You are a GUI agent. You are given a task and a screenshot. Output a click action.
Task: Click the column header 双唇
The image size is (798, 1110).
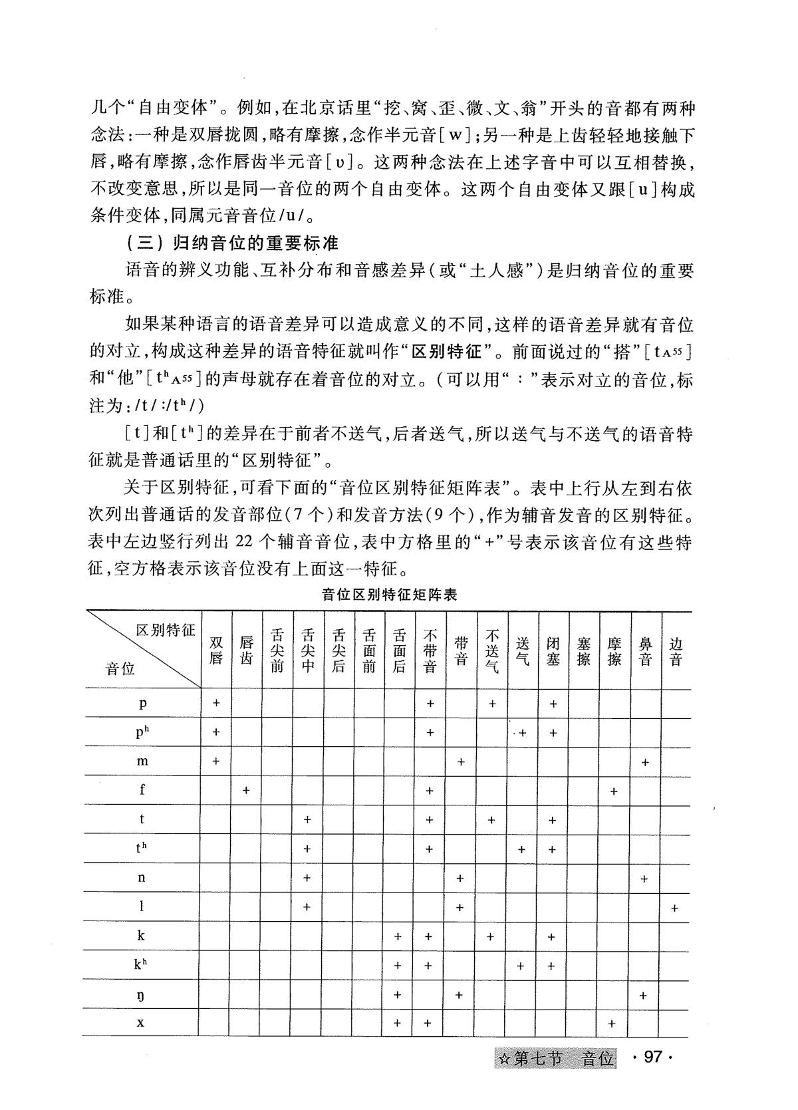coord(216,650)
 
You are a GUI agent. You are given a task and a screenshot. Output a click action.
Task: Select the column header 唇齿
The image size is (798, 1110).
coord(247,650)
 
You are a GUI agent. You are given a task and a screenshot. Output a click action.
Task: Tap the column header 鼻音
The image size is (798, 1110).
coord(644,650)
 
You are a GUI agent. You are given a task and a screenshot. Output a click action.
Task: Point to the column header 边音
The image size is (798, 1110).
coord(676,650)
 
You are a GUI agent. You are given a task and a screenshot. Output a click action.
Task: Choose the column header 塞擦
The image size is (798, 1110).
coord(584,650)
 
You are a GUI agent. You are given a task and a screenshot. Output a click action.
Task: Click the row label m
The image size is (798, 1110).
coord(142,761)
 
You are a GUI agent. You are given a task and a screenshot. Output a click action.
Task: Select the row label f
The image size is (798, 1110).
coord(142,790)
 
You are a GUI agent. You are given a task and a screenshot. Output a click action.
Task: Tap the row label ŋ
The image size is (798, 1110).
coord(141,996)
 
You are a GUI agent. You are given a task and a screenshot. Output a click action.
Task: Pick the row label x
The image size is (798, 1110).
coord(141,1022)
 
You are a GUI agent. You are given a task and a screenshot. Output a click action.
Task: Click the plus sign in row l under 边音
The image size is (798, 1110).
coord(675,908)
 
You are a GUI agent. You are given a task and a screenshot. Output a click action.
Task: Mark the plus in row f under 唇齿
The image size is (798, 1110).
coord(246,790)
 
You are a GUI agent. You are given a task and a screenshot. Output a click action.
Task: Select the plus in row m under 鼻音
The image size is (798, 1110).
coord(644,762)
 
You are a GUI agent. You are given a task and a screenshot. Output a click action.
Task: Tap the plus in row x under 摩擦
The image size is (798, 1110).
coord(612,1024)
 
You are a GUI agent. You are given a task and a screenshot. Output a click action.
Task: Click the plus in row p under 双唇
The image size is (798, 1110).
coord(216,703)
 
